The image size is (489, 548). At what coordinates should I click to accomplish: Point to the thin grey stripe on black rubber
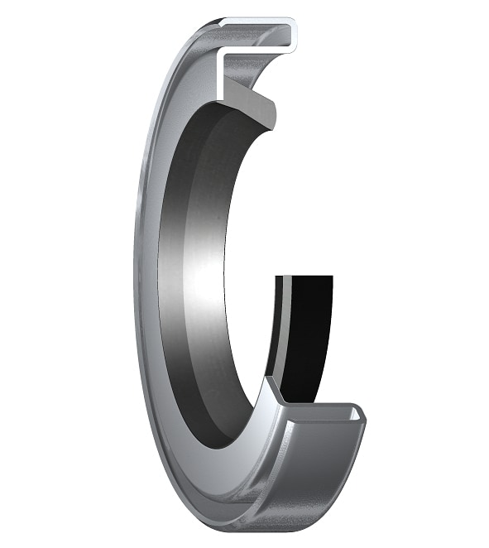283,331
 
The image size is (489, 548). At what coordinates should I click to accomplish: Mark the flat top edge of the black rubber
306,278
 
